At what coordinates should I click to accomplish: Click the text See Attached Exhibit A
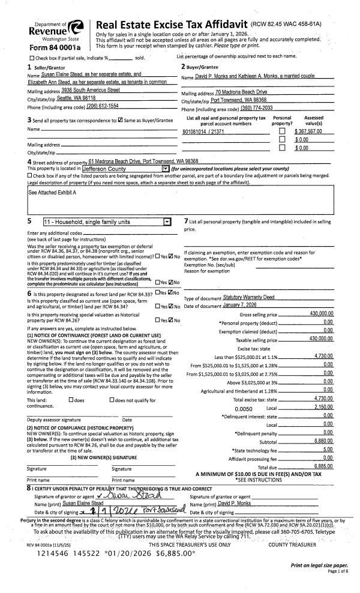click(53, 193)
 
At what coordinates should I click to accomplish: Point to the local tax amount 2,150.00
click(323, 391)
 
